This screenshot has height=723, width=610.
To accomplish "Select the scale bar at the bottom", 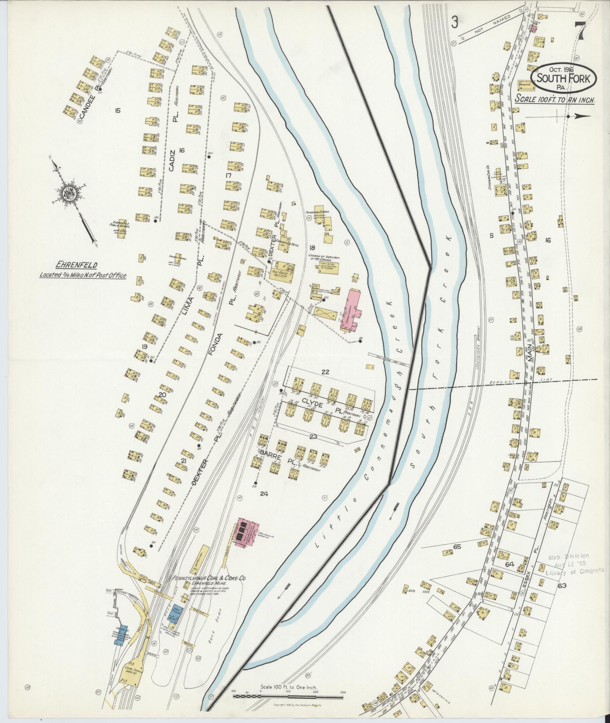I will pyautogui.click(x=289, y=695).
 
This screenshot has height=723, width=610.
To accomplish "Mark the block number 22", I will pyautogui.click(x=325, y=372).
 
